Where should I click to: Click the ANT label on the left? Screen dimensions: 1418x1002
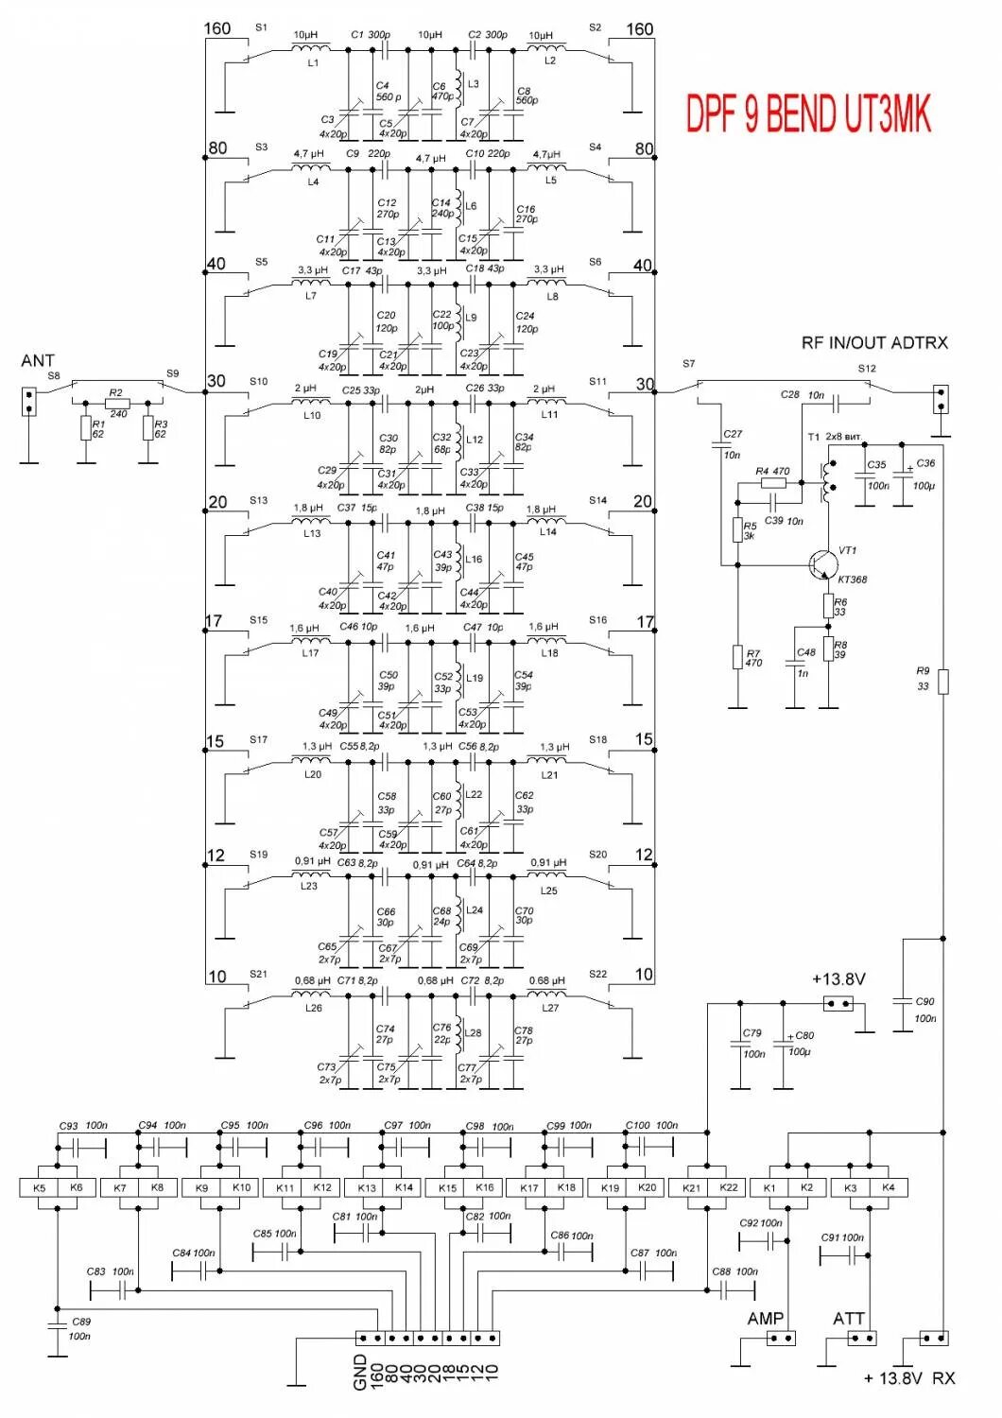pyautogui.click(x=38, y=360)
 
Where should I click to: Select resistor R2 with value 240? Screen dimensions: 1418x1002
pyautogui.click(x=117, y=402)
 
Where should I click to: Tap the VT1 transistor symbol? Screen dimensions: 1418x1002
pyautogui.click(x=821, y=565)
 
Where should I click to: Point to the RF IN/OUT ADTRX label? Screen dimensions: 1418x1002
pyautogui.click(x=873, y=343)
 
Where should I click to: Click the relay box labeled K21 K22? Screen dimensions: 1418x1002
pyautogui.click(x=708, y=1187)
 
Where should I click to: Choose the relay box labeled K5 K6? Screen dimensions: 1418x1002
pyautogui.click(x=58, y=1187)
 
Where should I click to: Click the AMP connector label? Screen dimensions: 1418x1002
pyautogui.click(x=765, y=1319)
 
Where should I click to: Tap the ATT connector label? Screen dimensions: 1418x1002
pyautogui.click(x=848, y=1319)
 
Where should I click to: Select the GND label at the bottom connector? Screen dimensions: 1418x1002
pyautogui.click(x=360, y=1372)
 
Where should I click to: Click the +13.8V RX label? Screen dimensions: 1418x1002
pyautogui.click(x=908, y=1378)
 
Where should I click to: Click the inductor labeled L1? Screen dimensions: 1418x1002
pyautogui.click(x=310, y=48)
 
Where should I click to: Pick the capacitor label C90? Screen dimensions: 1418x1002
pyautogui.click(x=925, y=1002)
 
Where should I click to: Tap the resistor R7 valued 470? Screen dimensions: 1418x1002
pyautogui.click(x=737, y=657)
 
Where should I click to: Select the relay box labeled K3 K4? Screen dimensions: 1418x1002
pyautogui.click(x=869, y=1187)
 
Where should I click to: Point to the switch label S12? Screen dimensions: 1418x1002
pyautogui.click(x=867, y=369)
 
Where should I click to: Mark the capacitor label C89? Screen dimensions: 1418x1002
pyautogui.click(x=81, y=1322)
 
